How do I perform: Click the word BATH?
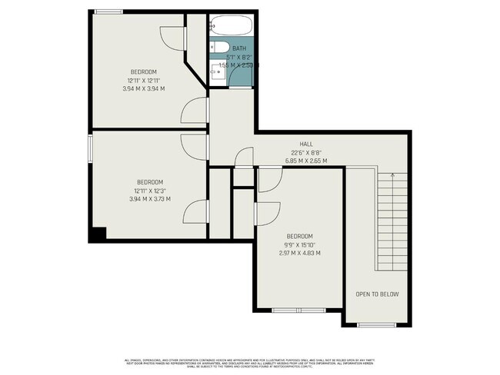[239, 48]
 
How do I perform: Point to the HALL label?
[305, 144]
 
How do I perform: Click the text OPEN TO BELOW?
[376, 294]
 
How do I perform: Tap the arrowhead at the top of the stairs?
[393, 176]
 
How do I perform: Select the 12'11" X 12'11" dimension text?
[143, 80]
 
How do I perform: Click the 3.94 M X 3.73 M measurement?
[150, 199]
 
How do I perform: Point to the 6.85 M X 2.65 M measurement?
[305, 161]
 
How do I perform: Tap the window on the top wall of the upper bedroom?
[109, 11]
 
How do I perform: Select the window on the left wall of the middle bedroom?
[90, 148]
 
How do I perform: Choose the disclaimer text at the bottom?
[249, 363]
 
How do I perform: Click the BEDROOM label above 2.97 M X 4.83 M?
[299, 236]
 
